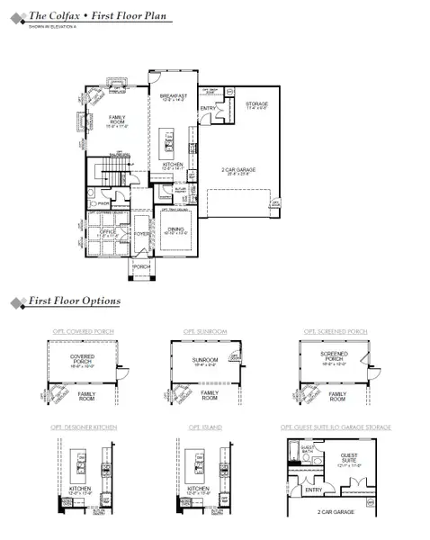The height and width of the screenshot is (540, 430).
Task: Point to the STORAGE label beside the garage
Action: pos(257,104)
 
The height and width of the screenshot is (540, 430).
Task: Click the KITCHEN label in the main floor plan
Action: pos(173,165)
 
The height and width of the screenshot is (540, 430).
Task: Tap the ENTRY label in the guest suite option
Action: pos(312,490)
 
